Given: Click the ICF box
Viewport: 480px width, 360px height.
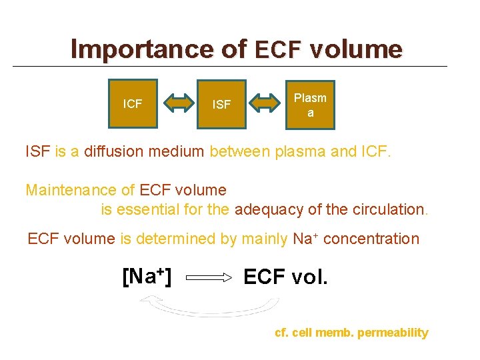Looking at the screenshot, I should (133, 103).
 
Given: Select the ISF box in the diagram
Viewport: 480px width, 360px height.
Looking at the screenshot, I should (221, 104).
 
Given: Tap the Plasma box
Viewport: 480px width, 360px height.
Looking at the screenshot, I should (310, 105).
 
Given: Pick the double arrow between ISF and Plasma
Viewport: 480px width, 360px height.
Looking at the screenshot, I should (266, 103).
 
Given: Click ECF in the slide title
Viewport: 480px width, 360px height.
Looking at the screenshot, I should (279, 49).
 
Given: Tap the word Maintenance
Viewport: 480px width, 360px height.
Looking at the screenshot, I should (71, 191).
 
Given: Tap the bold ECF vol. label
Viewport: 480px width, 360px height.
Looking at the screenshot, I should (286, 276).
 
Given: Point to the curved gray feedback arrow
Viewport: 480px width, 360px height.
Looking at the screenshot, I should (208, 309).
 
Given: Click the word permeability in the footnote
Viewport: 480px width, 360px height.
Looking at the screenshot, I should (393, 333).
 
